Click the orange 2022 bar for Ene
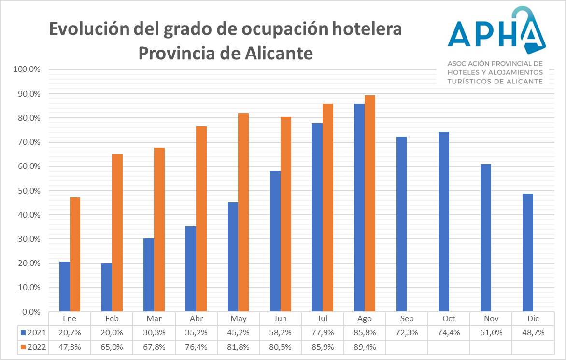tap(75, 254)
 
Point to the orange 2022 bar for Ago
tap(370, 203)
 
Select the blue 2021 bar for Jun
tap(275, 241)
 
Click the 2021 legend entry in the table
tap(33, 332)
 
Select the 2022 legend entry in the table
tap(33, 346)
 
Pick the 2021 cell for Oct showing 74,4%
tap(449, 332)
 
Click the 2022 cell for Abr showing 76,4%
tap(197, 346)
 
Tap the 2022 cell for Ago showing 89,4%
tap(365, 346)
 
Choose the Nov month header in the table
tap(491, 319)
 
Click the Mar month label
tap(154, 319)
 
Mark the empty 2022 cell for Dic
tap(533, 346)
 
